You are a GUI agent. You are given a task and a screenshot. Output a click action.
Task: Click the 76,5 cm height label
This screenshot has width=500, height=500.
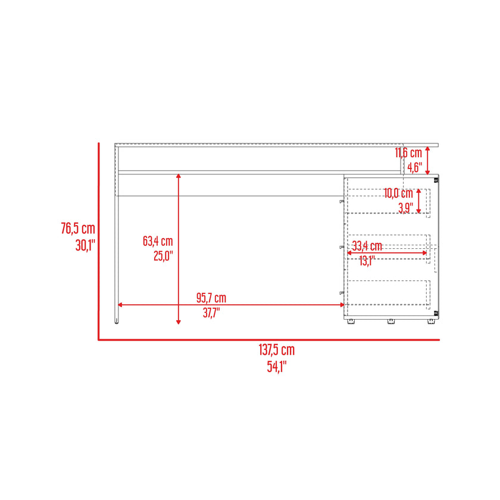(78, 229)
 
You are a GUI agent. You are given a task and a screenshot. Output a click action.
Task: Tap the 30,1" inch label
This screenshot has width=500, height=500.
(85, 245)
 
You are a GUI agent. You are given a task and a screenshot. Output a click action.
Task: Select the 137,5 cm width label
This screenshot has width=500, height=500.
(276, 350)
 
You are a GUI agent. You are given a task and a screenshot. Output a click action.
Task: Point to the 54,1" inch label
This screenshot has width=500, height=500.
(277, 367)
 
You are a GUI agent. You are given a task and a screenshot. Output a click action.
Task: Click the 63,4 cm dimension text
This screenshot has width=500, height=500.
(158, 241)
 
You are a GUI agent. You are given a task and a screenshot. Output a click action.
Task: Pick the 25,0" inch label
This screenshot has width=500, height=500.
(163, 256)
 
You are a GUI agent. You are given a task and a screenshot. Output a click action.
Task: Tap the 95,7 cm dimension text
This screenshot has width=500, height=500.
(211, 298)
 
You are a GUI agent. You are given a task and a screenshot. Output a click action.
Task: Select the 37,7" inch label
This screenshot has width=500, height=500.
(211, 312)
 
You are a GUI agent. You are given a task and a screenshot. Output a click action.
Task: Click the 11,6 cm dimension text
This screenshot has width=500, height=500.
(408, 153)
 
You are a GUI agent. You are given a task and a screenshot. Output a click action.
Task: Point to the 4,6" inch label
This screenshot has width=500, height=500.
(414, 167)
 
